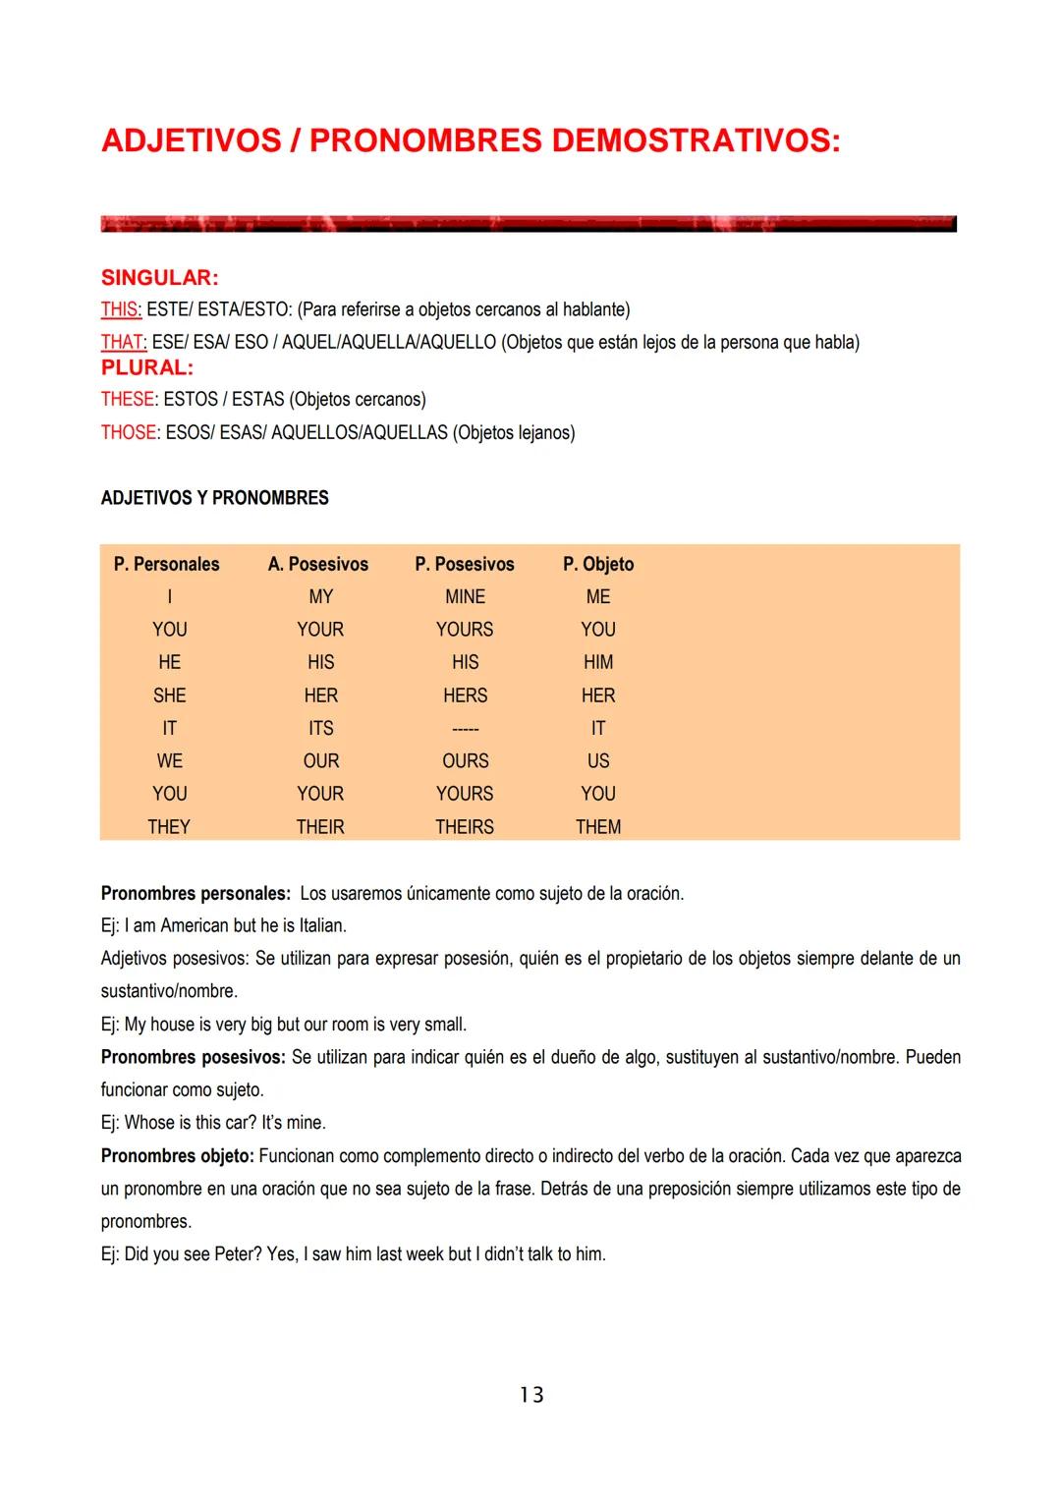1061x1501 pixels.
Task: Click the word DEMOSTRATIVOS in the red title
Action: click(695, 140)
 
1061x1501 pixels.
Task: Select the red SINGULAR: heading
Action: click(159, 278)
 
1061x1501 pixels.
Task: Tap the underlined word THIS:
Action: click(121, 309)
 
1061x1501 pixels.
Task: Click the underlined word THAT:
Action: click(124, 343)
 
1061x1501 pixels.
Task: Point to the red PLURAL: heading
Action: click(147, 368)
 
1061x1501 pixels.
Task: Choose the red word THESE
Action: click(128, 400)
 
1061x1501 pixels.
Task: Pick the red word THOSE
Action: click(128, 433)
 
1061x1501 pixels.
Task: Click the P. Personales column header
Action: click(166, 565)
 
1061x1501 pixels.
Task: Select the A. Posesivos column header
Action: click(318, 565)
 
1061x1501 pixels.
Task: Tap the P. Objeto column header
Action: click(598, 565)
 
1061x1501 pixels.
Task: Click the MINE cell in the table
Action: click(465, 597)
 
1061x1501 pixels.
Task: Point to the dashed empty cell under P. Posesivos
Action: click(465, 729)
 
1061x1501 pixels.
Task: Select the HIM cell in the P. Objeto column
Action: click(598, 663)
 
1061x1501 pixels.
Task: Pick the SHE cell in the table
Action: click(169, 695)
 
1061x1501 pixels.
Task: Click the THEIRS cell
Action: click(465, 827)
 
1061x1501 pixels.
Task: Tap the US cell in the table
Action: click(598, 761)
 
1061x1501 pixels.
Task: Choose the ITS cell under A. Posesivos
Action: click(320, 729)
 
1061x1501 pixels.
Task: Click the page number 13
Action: click(531, 1395)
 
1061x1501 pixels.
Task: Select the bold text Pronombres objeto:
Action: click(177, 1156)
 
